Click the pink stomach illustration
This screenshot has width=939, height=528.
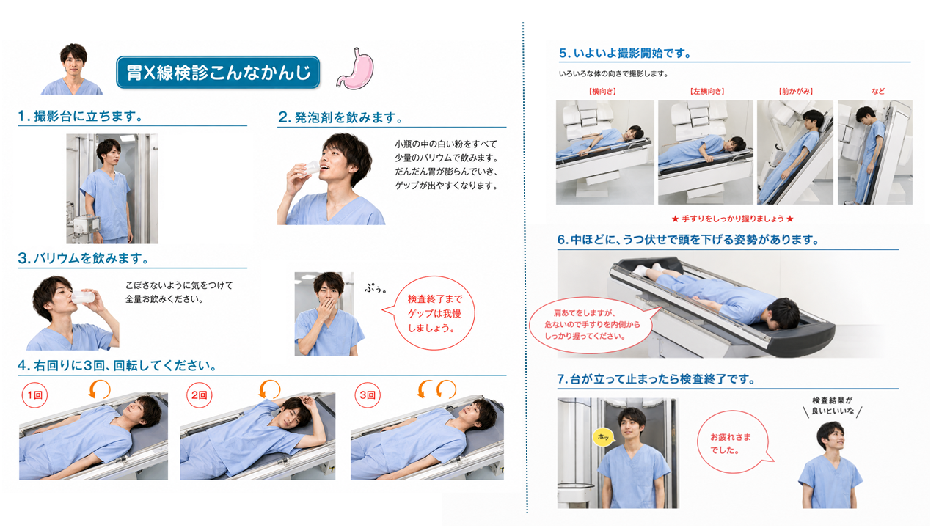click(x=356, y=68)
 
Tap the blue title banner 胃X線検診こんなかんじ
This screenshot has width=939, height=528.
click(x=218, y=73)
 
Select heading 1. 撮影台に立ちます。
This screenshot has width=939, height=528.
click(x=81, y=116)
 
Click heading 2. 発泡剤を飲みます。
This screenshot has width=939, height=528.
click(x=340, y=118)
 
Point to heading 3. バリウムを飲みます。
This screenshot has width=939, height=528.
click(x=84, y=258)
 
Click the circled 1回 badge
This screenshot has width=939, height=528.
click(x=34, y=395)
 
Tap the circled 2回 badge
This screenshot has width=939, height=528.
click(x=199, y=395)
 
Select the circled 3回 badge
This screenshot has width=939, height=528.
click(x=368, y=395)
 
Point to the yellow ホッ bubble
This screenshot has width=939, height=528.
click(x=603, y=437)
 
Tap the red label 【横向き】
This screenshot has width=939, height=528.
click(x=602, y=92)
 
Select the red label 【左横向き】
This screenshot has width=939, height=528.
click(x=707, y=92)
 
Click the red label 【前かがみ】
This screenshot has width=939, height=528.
click(x=796, y=92)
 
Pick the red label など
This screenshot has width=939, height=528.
click(x=878, y=92)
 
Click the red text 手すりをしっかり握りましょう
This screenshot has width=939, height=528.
click(x=732, y=219)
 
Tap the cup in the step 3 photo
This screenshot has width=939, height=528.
click(x=83, y=297)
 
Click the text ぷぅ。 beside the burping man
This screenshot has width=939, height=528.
click(x=376, y=288)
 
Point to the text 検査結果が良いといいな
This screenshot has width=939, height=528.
click(x=833, y=406)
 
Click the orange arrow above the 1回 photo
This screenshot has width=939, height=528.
click(x=99, y=389)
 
